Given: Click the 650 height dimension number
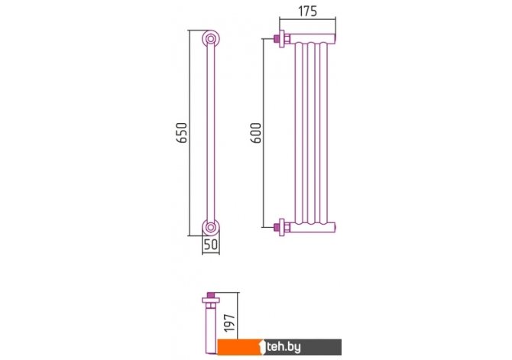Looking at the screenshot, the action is point(182,132).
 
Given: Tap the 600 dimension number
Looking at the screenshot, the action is point(256,133).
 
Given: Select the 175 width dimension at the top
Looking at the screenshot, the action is point(308,11).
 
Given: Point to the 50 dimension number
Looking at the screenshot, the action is point(211,244).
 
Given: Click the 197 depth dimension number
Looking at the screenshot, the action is point(230,323).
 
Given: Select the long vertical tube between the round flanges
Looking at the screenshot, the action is point(211,133).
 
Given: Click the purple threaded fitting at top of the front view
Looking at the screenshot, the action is point(276,39).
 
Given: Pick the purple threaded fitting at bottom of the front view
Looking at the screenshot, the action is point(276,227).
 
